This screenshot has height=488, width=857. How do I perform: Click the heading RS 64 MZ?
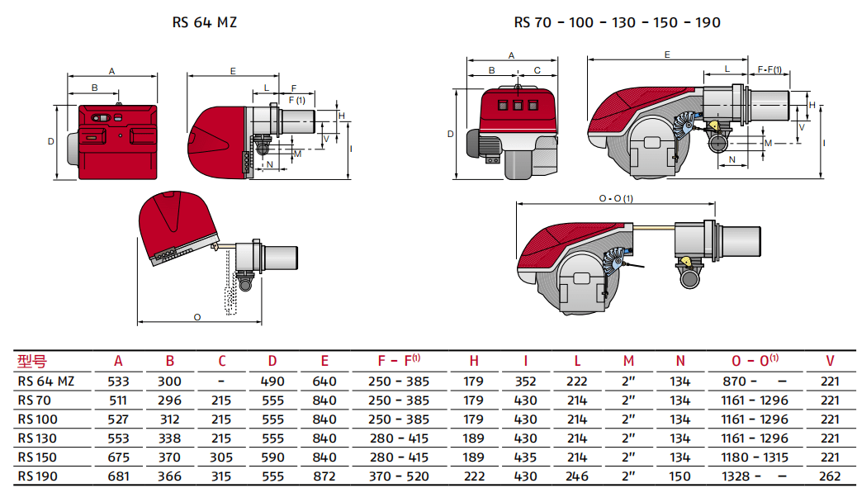coord(204,22)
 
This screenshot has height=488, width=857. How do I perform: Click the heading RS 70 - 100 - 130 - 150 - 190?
coord(617,22)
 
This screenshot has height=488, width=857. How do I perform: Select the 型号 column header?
coord(32,361)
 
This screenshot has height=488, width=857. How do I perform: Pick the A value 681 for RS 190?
coord(119,476)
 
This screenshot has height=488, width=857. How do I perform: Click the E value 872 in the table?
coord(324,476)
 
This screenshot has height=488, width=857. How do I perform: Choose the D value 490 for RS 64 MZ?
coord(272,381)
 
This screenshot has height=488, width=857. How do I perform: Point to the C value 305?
coord(221,457)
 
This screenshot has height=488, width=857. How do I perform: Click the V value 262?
coord(830,476)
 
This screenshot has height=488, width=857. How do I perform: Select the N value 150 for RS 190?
coord(679,476)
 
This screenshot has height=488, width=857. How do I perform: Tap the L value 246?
coord(577,476)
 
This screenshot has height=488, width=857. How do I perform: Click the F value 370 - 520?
coord(399,476)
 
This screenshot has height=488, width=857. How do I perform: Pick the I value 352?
coord(525,381)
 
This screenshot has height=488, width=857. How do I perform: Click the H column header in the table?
coord(474,361)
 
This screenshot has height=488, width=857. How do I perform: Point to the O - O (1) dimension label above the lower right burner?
coord(616,198)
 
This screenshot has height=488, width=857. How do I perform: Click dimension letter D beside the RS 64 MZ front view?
coord(50,141)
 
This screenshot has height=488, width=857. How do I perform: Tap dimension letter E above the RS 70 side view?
coord(667,54)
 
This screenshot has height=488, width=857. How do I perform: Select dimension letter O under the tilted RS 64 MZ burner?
coord(196,316)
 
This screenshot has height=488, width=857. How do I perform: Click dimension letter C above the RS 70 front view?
coord(537,70)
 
